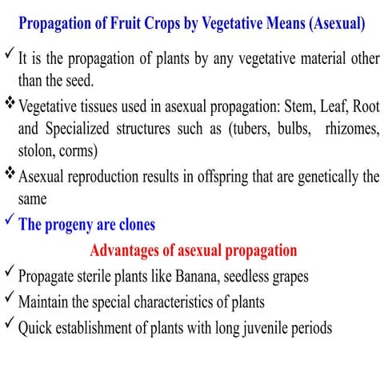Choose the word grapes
tap(287, 277)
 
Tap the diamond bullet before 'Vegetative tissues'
tap(9, 104)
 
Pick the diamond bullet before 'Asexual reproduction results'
tap(9, 175)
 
